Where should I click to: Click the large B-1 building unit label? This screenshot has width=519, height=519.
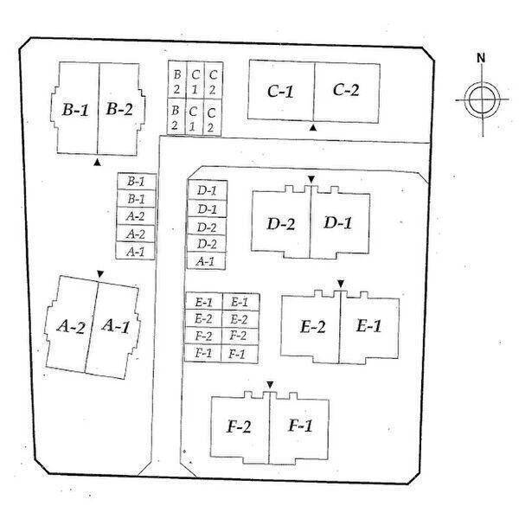coord(75,110)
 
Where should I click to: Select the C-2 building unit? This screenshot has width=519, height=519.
coord(347,93)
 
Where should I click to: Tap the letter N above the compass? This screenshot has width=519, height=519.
coord(481,58)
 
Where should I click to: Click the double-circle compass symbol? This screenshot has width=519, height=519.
coord(482,99)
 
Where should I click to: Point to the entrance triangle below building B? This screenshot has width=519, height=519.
coord(97,163)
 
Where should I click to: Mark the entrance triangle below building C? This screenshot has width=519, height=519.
coord(313,127)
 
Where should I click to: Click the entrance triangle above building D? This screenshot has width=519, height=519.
coord(311,179)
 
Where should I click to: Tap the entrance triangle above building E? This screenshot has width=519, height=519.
coord(341,284)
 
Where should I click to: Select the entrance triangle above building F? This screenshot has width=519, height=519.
coord(270,385)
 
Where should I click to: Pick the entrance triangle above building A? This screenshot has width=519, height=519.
coord(100,273)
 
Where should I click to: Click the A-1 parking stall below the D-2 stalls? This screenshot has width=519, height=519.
coord(206,261)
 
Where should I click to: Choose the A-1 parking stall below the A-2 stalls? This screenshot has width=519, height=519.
coord(136,251)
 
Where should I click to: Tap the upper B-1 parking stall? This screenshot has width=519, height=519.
coord(137,182)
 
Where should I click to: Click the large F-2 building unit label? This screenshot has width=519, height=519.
coord(239,426)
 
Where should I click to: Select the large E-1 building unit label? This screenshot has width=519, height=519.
coord(368,326)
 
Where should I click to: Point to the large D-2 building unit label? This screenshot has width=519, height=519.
coord(280,224)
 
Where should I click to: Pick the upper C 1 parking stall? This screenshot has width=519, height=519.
coord(195,80)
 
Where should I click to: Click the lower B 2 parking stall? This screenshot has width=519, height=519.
coord(176,117)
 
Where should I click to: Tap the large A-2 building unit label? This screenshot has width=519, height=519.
coord(71,327)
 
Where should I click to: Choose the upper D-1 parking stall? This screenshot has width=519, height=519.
coord(208,190)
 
